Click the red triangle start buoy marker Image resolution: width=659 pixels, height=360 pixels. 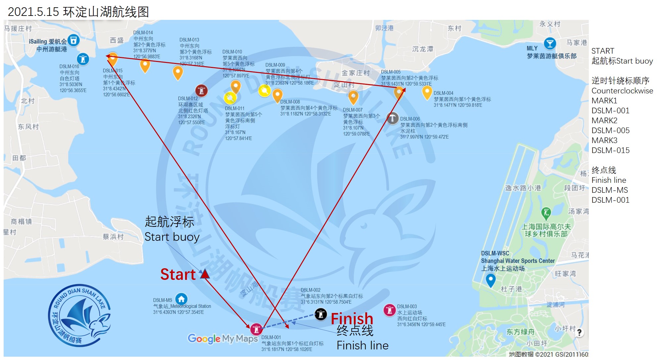tap(205, 274)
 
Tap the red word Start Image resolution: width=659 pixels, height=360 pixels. tap(178, 275)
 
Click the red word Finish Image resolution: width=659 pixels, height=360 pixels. tap(352, 319)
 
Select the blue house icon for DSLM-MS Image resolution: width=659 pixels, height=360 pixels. tap(181, 299)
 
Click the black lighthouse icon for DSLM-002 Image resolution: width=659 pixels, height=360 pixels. tap(320, 314)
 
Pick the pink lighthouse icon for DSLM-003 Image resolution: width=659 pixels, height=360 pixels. tap(389, 310)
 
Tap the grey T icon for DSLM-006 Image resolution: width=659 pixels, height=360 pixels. tap(392, 118)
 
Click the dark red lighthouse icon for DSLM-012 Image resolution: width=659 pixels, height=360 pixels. tap(201, 90)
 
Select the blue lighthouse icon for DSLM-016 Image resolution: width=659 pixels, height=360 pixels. tap(83, 59)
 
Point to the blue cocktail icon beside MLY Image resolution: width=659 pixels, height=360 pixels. tap(550, 44)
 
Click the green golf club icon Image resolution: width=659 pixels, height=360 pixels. tap(546, 212)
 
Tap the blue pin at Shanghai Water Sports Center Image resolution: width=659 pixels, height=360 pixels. tap(490, 281)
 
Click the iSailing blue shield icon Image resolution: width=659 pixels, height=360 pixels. tap(74, 40)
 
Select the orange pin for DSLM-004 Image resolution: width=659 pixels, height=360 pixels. tap(427, 92)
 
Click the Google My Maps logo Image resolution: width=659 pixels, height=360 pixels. tap(223, 338)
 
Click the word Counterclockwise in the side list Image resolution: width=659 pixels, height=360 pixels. tap(622, 91)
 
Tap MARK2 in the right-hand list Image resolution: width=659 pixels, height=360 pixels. tap(604, 121)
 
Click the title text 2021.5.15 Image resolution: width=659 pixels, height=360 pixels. tap(33, 12)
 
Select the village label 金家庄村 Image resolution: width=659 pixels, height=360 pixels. tap(355, 73)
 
